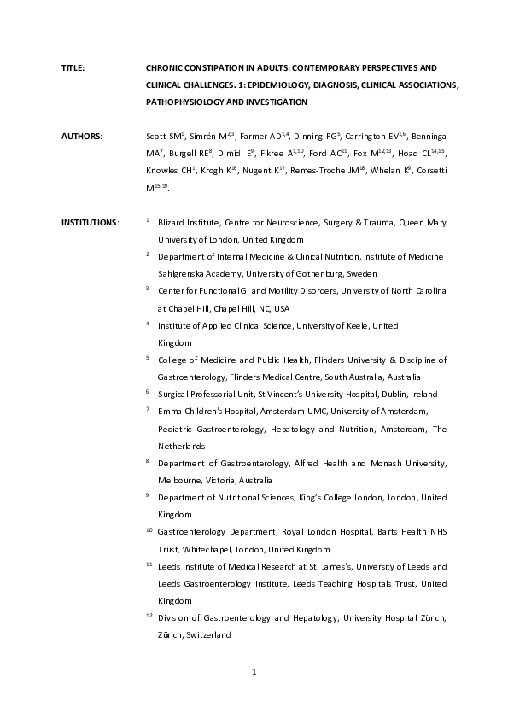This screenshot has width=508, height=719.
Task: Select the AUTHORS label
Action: [x=81, y=136]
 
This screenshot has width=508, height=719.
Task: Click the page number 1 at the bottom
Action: [x=254, y=672]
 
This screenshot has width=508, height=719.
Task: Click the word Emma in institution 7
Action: [x=169, y=411]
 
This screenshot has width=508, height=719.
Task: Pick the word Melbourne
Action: [x=180, y=480]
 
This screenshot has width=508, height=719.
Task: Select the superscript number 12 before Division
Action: [x=149, y=616]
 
